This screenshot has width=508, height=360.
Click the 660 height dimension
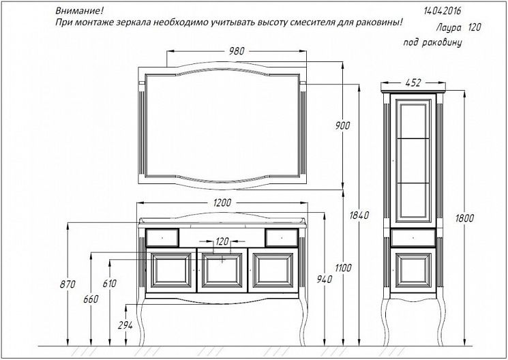click(90, 299)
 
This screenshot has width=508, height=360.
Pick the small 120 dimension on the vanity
click(222, 241)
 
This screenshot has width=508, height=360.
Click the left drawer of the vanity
click(162, 237)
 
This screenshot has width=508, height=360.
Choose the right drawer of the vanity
click(281, 237)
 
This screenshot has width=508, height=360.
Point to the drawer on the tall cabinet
click(413, 238)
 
